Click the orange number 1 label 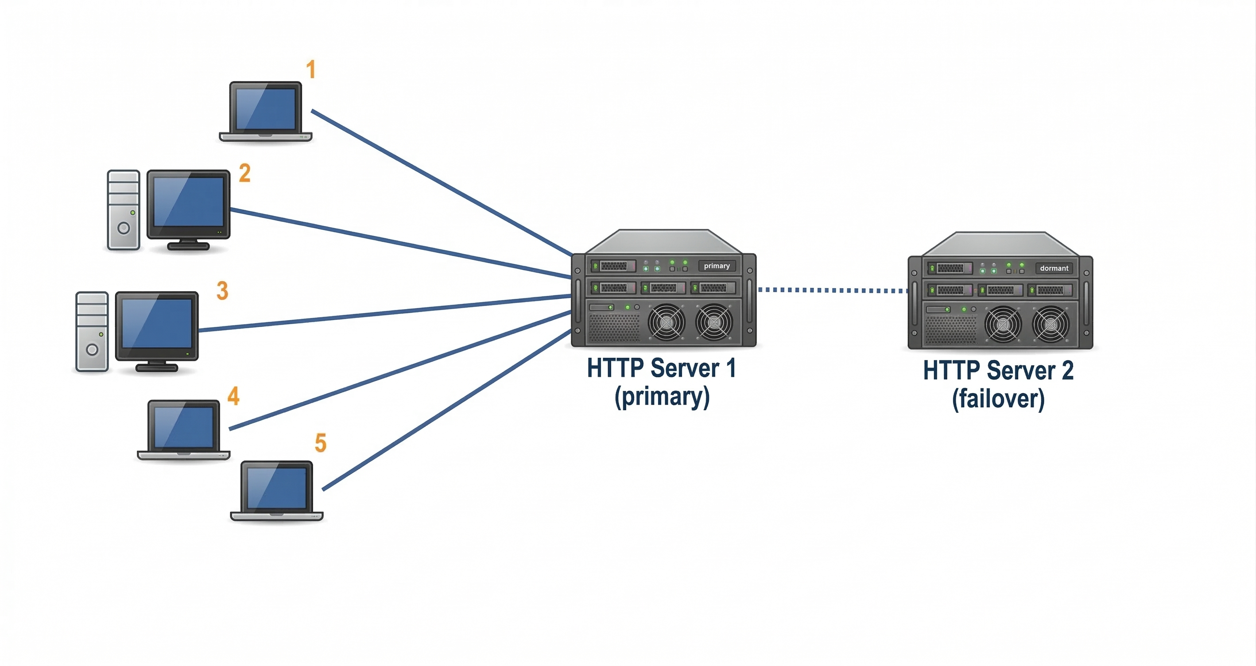pos(310,69)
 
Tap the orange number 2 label pos(245,173)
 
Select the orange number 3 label pos(222,290)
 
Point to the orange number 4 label pos(233,396)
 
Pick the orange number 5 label pos(320,443)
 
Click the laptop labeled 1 pos(265,111)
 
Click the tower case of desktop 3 pos(92,332)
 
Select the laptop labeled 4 pos(183,430)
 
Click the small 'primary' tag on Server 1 pos(716,266)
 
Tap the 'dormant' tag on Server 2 pos(1054,268)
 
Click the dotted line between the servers pos(831,290)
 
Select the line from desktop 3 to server pos(385,313)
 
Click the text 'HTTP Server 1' pos(661,368)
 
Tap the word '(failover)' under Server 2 pos(998,399)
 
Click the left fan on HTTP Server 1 pos(666,322)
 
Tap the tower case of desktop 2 pos(124,209)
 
